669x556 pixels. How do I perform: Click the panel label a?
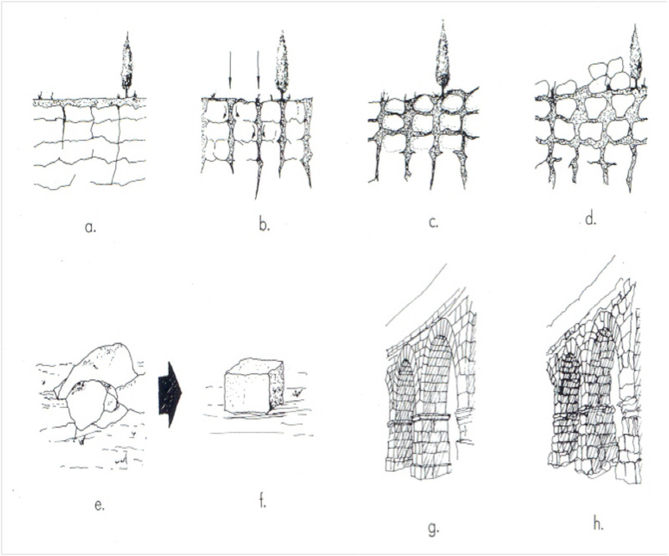90,227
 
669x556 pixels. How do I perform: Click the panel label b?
264,224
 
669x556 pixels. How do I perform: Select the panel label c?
433,223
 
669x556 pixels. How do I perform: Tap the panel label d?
590,219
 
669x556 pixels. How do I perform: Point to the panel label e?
99,506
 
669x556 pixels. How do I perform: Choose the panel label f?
262,501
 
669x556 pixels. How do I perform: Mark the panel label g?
433,528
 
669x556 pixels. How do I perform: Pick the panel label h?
598,523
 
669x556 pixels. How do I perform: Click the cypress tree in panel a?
127,65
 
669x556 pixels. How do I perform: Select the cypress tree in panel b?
281,65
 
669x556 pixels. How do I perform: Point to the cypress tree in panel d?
636,56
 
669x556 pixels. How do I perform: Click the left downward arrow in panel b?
230,70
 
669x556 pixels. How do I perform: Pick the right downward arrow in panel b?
258,70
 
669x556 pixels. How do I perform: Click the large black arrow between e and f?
170,394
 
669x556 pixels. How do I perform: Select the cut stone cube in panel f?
254,387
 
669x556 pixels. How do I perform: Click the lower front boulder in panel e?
90,404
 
